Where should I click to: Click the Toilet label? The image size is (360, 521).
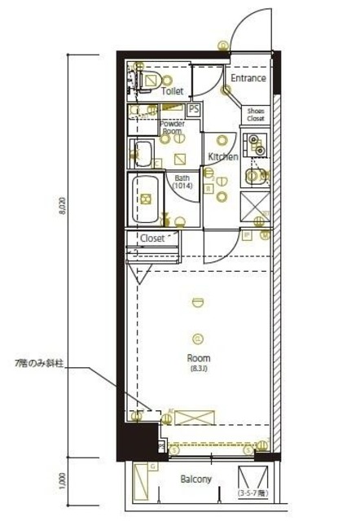(x=172, y=92)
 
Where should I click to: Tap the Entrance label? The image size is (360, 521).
(x=248, y=78)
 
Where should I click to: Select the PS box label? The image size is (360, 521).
(x=194, y=109)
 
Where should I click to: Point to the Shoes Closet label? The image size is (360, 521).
(x=256, y=114)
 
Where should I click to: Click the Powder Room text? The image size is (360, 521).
(x=172, y=127)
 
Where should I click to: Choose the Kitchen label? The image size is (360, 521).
(x=222, y=156)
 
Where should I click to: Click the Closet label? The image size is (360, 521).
(x=152, y=238)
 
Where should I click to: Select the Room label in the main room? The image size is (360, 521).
(x=198, y=357)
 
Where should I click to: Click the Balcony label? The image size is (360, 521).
(x=196, y=479)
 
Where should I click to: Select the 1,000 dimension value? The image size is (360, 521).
(x=62, y=482)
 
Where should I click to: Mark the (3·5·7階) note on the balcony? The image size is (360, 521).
(x=253, y=494)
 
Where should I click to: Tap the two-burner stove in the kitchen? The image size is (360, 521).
(x=257, y=147)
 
